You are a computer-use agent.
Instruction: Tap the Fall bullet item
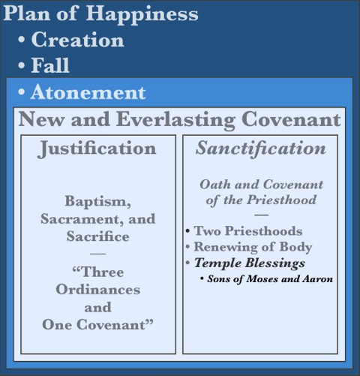[50, 66]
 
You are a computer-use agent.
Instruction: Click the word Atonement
[88, 93]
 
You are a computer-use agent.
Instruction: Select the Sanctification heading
[260, 149]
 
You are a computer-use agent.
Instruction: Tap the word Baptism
[98, 202]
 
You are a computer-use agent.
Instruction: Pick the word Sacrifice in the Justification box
[98, 236]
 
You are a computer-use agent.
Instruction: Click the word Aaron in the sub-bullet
[316, 279]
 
